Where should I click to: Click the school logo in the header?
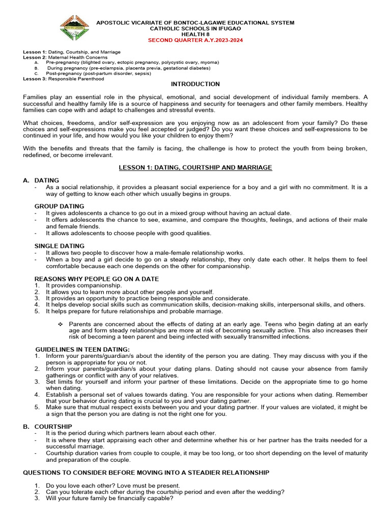coord(75,28)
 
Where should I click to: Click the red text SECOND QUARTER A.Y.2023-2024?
coord(195,39)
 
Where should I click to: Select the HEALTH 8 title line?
coord(195,34)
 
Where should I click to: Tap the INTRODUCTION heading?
coord(195,84)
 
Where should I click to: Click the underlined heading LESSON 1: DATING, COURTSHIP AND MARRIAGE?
coord(195,167)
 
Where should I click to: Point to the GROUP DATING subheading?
coord(59,206)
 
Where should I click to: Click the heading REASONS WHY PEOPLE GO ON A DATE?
coord(96,279)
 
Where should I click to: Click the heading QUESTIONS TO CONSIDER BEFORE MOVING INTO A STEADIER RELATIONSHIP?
coord(146,473)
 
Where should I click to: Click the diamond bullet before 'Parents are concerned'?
coord(61,324)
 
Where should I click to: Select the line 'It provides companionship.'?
coord(83,285)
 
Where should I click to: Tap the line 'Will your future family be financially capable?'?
coord(109,499)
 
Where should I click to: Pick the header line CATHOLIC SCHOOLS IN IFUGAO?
coord(195,29)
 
